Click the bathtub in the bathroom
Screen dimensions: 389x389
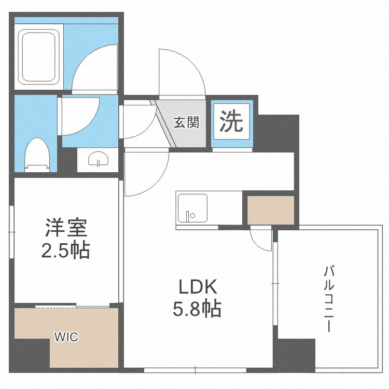point(39,57)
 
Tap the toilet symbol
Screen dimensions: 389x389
point(37,155)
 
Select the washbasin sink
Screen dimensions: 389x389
point(98,159)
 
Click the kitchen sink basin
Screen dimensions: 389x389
point(192,209)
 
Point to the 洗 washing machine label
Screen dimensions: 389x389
point(231,121)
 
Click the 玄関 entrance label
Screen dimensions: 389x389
point(186,122)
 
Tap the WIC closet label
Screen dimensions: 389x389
point(66,337)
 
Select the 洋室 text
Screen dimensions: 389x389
point(66,228)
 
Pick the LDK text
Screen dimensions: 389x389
point(198,286)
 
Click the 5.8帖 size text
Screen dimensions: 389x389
point(197,309)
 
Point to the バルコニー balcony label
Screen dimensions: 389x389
point(329,299)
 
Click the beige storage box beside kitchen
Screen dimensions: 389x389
point(271,210)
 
